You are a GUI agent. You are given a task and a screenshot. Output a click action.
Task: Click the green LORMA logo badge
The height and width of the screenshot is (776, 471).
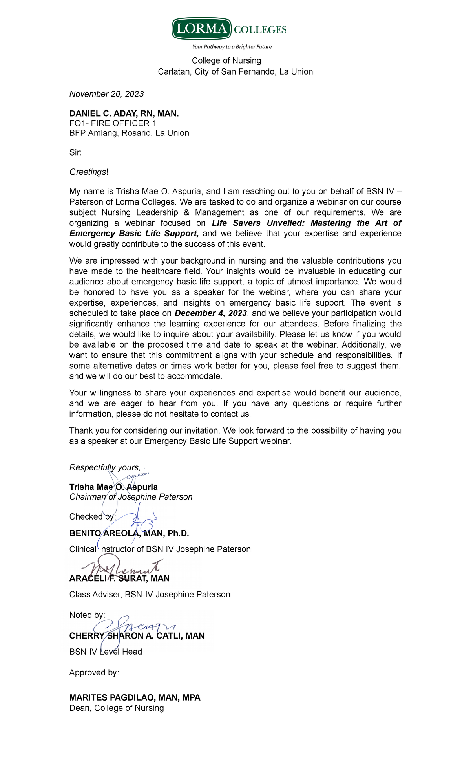coord(201,29)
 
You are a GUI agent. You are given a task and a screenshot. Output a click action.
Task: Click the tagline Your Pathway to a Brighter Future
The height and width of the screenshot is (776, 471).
coord(232,47)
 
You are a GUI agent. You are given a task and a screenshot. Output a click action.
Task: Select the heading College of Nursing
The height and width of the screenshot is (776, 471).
coord(226,60)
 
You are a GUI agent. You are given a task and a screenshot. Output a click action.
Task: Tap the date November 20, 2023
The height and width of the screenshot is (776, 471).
coord(106,94)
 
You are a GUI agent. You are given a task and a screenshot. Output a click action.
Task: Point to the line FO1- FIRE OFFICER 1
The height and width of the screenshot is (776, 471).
coord(113,123)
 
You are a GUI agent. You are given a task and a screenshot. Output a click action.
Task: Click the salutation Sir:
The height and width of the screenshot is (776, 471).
coord(75,152)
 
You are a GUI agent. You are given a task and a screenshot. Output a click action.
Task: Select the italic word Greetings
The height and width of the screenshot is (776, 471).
coord(88,172)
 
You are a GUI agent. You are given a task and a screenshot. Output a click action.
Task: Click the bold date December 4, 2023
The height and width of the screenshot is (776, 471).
coord(211,313)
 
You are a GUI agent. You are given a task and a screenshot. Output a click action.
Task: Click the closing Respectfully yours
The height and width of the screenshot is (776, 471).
coord(105,467)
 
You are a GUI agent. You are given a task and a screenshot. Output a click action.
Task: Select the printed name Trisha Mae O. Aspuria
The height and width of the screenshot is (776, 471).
coord(113,487)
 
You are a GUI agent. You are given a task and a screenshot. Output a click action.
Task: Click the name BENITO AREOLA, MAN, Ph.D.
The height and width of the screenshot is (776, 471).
coord(129,533)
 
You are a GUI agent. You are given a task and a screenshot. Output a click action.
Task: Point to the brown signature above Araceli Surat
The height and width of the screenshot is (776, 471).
coord(122,567)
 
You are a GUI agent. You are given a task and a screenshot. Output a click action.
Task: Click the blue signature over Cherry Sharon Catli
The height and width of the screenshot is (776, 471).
coord(133,626)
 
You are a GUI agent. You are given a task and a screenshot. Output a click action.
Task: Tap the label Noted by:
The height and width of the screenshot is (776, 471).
coord(87,615)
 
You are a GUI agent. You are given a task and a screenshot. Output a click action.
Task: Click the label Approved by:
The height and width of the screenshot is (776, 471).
coord(94,673)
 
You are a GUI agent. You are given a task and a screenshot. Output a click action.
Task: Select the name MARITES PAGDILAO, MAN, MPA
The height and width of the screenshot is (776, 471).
coord(135,698)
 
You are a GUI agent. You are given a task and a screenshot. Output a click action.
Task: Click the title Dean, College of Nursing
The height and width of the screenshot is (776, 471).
coord(117,708)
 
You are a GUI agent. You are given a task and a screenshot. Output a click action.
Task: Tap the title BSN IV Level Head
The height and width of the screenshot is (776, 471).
coord(106,652)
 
